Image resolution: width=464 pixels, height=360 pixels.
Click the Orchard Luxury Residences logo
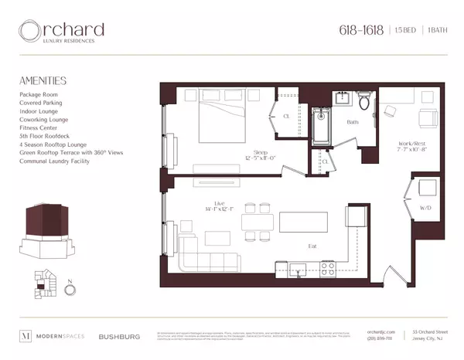(x=63, y=32)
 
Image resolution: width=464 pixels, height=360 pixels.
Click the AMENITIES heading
(x=43, y=80)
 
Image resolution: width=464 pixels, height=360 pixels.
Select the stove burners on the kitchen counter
(x=327, y=268)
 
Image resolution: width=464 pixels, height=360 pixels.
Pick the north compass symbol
(x=71, y=290)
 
